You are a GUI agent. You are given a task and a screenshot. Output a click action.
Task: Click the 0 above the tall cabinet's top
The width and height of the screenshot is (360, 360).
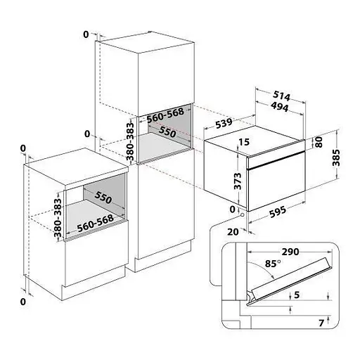tap(85, 34)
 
